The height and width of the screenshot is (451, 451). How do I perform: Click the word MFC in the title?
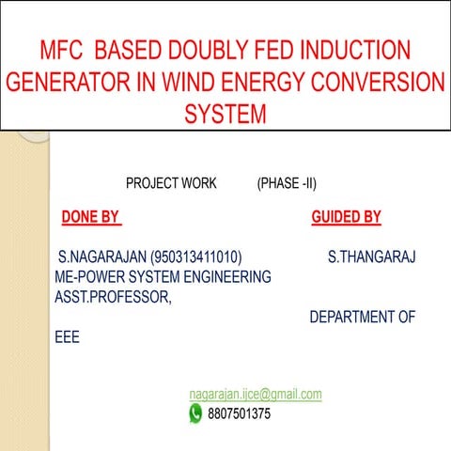(x=62, y=50)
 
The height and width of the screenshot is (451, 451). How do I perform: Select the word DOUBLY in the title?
(x=223, y=50)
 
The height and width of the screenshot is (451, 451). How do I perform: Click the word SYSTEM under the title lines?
(x=225, y=115)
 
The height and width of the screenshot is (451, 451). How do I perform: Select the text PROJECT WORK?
(x=171, y=183)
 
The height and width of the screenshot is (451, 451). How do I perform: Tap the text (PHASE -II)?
(x=292, y=183)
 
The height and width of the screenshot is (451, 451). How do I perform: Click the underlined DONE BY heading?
(x=90, y=218)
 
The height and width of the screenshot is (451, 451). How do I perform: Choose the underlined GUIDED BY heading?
(x=346, y=218)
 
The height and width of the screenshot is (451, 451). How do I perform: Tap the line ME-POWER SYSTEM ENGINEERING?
(x=163, y=277)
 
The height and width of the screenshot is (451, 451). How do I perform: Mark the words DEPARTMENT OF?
(x=363, y=318)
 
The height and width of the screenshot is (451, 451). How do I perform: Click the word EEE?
(x=68, y=337)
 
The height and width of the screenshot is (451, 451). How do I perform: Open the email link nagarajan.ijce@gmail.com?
(x=256, y=395)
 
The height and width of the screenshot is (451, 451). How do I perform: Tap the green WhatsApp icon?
(x=195, y=412)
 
